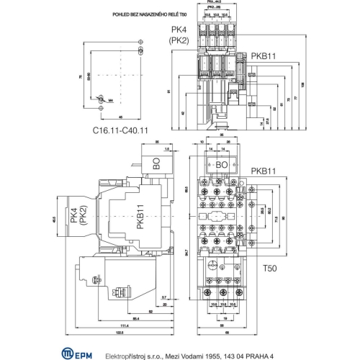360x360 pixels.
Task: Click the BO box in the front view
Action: tap(222, 165)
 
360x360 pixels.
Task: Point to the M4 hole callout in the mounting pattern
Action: tap(109, 101)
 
